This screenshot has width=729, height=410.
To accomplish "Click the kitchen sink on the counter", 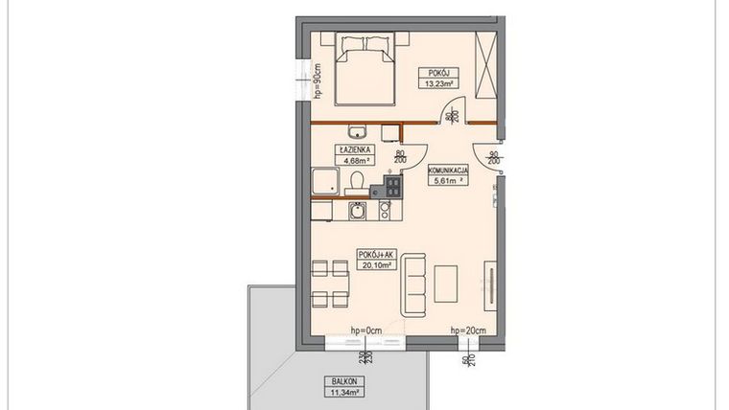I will (358, 210).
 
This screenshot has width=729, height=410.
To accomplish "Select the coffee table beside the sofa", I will (446, 282).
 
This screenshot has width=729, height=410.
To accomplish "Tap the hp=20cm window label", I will (468, 330).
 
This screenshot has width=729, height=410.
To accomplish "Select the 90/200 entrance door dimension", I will (492, 158).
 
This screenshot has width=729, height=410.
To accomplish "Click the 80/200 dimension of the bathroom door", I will (400, 158).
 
